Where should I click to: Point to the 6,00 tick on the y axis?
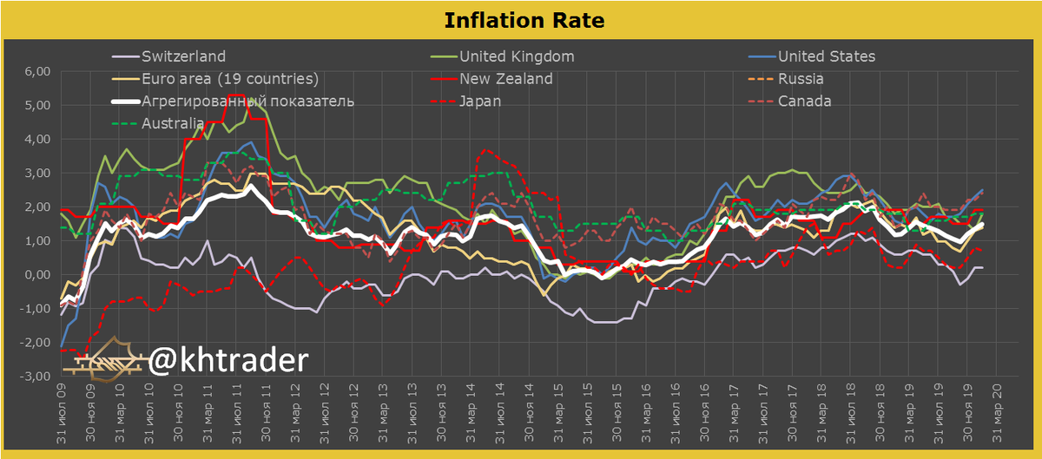(35, 71)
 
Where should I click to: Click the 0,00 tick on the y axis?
(35, 275)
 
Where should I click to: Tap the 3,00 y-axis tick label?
(35, 174)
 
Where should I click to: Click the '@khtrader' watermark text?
(228, 359)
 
